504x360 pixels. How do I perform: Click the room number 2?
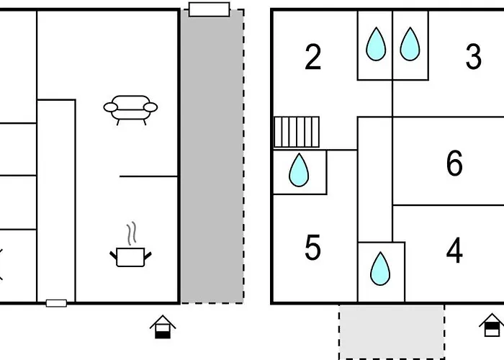312,58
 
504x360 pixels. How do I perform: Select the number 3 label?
473,58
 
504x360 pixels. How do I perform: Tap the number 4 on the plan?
454,251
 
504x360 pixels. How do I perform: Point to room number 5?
312,248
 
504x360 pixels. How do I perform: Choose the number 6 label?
454,163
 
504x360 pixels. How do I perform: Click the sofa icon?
130,110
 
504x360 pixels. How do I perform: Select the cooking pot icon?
130,256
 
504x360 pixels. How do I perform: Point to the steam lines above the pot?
130,233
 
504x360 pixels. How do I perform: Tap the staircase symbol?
296,132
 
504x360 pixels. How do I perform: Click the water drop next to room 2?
375,44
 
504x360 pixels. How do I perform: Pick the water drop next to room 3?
409,44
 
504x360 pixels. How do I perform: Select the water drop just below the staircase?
299,171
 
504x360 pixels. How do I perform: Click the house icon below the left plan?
163,327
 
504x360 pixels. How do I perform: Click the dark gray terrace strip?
211,158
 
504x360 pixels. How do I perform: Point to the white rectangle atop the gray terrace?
209,9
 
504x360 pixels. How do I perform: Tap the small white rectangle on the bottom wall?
56,303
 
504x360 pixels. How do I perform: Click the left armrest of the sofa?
110,108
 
